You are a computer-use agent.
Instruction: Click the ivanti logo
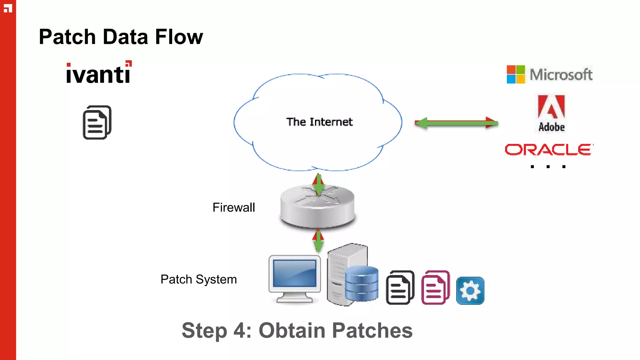(x=99, y=73)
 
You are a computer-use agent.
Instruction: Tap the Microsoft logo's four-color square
(x=516, y=74)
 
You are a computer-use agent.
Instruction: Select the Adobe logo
(x=551, y=113)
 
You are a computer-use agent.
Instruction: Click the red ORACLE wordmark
(x=549, y=150)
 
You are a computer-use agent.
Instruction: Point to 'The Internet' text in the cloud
(x=319, y=122)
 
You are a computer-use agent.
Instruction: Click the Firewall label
(x=233, y=207)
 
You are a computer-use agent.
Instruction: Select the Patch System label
(x=198, y=279)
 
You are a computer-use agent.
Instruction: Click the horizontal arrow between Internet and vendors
(x=456, y=123)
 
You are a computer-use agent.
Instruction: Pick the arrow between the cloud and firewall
(x=318, y=184)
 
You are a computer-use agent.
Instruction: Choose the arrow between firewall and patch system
(x=318, y=240)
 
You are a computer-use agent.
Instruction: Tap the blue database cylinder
(x=362, y=284)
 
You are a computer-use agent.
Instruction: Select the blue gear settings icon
(x=470, y=291)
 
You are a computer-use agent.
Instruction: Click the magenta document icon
(x=435, y=287)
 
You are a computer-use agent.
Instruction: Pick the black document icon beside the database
(x=400, y=287)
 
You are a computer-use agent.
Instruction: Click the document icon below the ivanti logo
(x=97, y=122)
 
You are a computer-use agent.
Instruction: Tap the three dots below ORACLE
(x=548, y=167)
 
